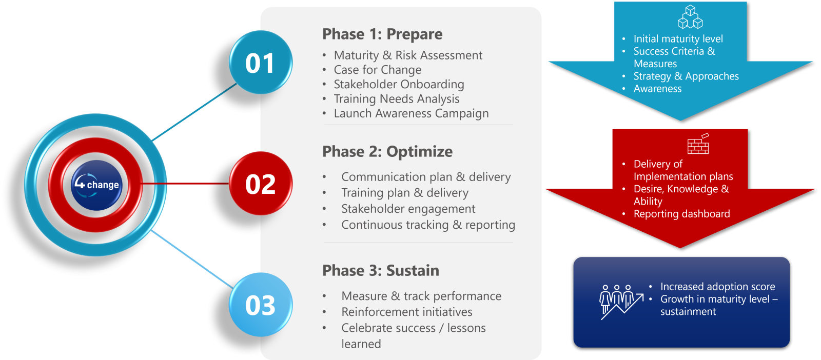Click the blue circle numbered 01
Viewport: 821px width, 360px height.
point(261,62)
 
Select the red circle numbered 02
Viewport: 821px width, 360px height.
point(261,183)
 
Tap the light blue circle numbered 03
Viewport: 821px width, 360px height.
point(261,304)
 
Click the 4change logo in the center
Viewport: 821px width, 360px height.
point(96,185)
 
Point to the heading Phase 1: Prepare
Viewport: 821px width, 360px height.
point(382,34)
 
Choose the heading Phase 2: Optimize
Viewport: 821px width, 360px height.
point(387,152)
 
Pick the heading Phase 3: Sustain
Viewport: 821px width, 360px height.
point(380,271)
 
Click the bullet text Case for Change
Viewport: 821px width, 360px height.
point(378,70)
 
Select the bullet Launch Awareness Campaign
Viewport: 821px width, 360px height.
point(411,113)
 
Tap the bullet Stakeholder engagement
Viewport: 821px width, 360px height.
point(408,209)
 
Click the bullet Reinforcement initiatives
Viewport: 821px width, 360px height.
point(407,312)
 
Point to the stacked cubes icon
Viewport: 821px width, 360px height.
point(690,16)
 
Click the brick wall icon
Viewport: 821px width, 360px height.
point(698,144)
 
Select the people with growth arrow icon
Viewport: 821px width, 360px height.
point(621,302)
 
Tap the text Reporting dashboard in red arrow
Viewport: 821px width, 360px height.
point(682,214)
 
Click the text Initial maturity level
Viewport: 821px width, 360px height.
point(678,39)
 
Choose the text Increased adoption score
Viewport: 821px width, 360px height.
point(718,286)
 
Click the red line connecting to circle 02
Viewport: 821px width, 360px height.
point(185,183)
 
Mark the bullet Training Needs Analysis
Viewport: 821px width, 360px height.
point(397,99)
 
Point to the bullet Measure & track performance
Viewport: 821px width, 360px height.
point(421,296)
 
